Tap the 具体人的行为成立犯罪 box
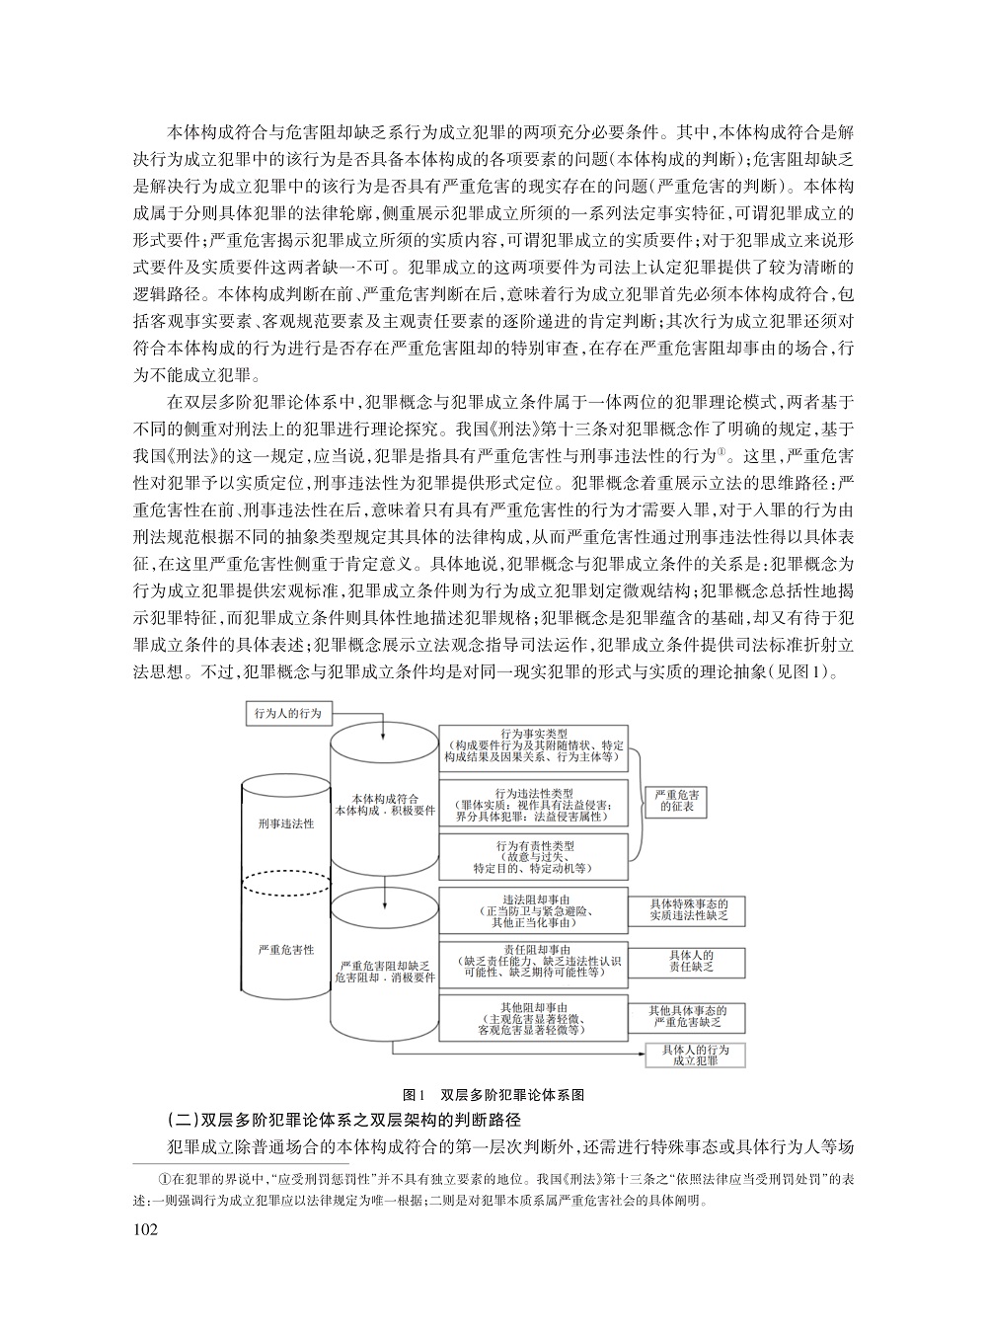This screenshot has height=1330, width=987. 696,1054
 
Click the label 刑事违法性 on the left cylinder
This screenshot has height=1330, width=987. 285,822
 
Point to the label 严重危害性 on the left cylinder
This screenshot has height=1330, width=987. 285,949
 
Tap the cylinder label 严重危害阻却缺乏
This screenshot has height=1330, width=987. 384,970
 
